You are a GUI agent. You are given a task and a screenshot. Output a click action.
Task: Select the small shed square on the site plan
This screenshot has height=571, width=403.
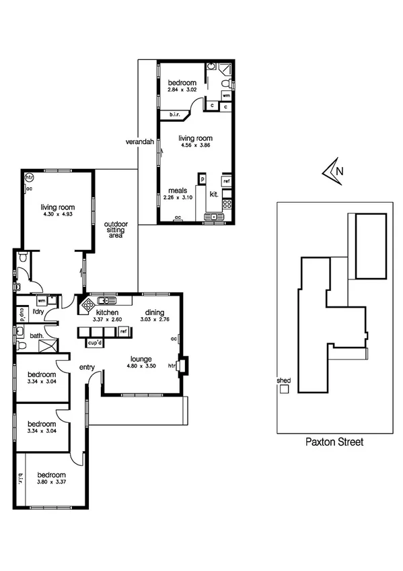285,389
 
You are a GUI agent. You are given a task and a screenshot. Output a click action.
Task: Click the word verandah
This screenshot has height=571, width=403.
140,142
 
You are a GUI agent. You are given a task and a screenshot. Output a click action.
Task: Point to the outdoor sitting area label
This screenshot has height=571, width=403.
116,230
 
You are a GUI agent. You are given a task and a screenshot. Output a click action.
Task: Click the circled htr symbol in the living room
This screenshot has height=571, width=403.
29,178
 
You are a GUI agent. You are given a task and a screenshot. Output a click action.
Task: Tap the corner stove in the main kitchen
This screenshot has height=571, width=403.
87,305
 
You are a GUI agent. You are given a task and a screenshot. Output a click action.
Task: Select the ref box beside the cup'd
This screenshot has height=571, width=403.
124,331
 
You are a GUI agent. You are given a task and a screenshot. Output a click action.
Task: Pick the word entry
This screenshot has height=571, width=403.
87,366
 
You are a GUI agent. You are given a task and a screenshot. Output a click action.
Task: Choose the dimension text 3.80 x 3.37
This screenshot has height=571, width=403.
50,481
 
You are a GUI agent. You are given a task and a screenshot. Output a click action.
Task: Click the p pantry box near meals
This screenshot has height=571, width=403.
200,180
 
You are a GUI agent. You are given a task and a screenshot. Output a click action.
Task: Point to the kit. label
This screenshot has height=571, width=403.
214,194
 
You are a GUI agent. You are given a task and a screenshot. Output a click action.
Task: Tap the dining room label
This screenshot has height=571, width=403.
155,313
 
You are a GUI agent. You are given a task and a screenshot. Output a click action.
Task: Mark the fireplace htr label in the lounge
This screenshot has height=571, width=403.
172,366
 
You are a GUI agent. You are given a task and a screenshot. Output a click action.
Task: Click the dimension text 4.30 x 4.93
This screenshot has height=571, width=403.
57,214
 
